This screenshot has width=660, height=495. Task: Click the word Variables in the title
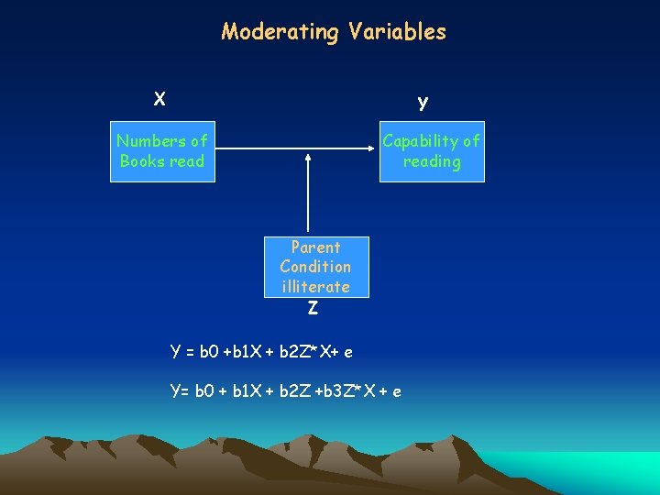click(397, 32)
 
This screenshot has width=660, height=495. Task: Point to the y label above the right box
click(423, 102)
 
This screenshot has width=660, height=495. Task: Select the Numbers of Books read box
click(162, 151)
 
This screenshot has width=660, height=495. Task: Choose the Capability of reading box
click(432, 151)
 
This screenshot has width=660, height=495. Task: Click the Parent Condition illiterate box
click(315, 266)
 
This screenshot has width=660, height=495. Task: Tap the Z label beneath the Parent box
click(313, 309)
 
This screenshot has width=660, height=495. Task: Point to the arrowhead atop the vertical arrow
click(309, 158)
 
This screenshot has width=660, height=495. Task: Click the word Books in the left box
click(140, 161)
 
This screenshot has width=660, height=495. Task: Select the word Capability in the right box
click(421, 141)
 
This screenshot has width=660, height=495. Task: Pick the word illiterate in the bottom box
click(315, 287)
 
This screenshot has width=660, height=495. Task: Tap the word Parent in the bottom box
click(315, 247)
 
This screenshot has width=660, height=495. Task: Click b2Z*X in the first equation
click(302, 352)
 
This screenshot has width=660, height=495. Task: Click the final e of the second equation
click(396, 392)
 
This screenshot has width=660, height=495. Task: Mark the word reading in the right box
click(432, 162)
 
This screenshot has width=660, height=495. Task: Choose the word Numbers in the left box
click(149, 141)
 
